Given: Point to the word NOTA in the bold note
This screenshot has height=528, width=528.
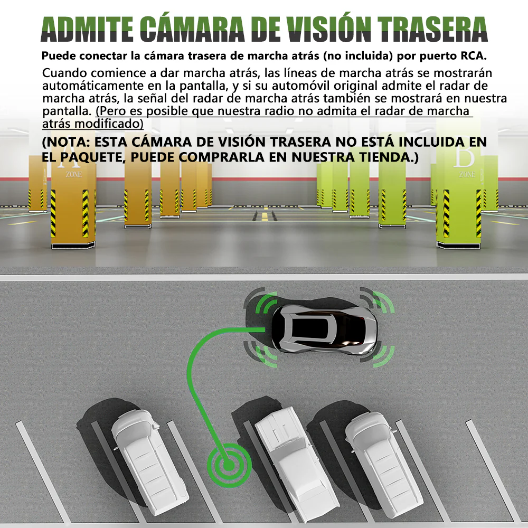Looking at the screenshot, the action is (x=68, y=142).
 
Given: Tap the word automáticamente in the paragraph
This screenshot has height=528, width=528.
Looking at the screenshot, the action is (x=92, y=86).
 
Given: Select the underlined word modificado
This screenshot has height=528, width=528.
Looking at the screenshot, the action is (x=109, y=124).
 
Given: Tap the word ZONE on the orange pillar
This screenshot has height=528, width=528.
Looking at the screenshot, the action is (x=74, y=174).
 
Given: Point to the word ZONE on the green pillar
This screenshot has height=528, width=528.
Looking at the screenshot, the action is (x=467, y=174).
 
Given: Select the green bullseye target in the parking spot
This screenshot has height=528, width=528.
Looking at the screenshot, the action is (x=229, y=465).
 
